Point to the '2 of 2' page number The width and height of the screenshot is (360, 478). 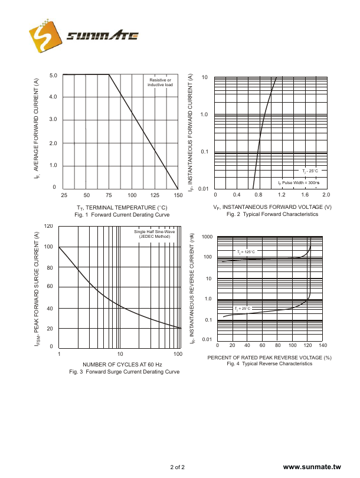(178, 467)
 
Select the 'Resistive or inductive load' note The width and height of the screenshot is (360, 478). (160, 83)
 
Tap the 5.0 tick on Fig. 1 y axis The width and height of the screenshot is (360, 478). (53, 76)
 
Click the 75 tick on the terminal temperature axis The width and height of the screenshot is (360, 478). (109, 195)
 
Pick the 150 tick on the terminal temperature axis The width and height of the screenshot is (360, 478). (178, 195)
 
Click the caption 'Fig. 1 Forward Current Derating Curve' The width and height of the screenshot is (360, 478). (122, 215)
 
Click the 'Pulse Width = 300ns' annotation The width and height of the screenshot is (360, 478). (299, 183)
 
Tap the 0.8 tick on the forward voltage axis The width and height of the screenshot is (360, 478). (259, 195)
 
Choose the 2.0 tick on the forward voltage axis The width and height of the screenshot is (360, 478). (326, 195)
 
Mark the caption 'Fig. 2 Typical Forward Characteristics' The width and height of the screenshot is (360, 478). (273, 214)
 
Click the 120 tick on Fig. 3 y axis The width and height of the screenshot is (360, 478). (49, 227)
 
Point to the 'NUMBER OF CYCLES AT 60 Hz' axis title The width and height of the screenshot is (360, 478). (119, 364)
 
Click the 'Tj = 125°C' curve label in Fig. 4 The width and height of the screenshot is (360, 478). (246, 252)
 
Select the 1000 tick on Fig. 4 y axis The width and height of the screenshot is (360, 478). (207, 237)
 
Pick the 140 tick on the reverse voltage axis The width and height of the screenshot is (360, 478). (322, 345)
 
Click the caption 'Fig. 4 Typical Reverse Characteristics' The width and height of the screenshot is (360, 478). (270, 364)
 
